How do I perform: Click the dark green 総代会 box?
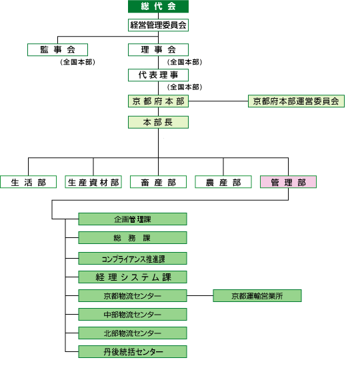point(158,6)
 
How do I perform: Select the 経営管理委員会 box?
point(158,25)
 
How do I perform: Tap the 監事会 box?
point(57,50)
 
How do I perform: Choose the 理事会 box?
point(158,50)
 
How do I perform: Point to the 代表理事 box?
point(158,75)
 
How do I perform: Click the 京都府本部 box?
point(158,101)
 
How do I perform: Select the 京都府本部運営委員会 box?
point(296,101)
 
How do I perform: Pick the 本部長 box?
point(158,123)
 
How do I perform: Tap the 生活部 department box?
point(29,182)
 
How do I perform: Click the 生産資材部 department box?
point(93,182)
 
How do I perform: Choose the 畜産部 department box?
point(158,182)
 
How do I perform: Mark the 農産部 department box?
point(223,182)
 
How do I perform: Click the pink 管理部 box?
point(288,182)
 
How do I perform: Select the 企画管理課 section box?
point(133,219)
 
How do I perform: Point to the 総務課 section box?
point(133,238)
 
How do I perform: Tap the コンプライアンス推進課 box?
point(133,259)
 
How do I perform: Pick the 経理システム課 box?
point(133,277)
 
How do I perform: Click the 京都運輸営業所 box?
point(257,295)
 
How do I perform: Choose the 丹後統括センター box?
point(133,351)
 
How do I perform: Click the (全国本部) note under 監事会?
point(77,62)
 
